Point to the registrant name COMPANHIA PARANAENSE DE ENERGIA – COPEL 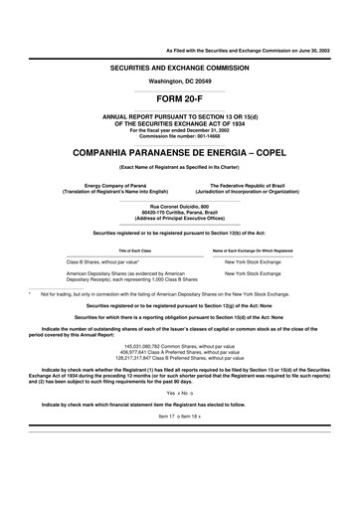180,155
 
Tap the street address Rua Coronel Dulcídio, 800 180,205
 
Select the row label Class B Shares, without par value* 99,260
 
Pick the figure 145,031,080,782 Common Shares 180,356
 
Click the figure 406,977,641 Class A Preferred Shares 180,363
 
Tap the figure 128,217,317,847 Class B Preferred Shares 180,370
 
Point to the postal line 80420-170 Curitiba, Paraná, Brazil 180,211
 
